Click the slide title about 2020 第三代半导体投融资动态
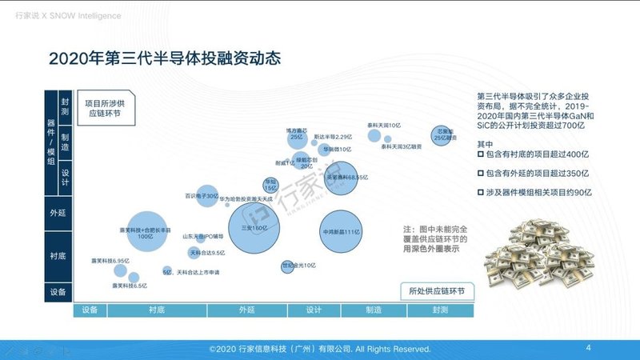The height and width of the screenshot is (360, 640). (x=164, y=59)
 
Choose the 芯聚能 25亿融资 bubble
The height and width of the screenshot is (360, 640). (x=443, y=133)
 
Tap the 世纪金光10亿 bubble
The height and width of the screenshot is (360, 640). (x=287, y=266)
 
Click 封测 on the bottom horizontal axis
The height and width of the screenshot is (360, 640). (x=440, y=309)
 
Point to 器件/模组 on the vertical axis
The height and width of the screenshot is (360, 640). (x=51, y=145)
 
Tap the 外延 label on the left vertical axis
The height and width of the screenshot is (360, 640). (x=58, y=214)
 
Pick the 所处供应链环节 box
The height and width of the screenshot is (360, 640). (x=436, y=291)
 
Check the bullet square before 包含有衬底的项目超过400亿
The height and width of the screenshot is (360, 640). (x=480, y=152)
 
